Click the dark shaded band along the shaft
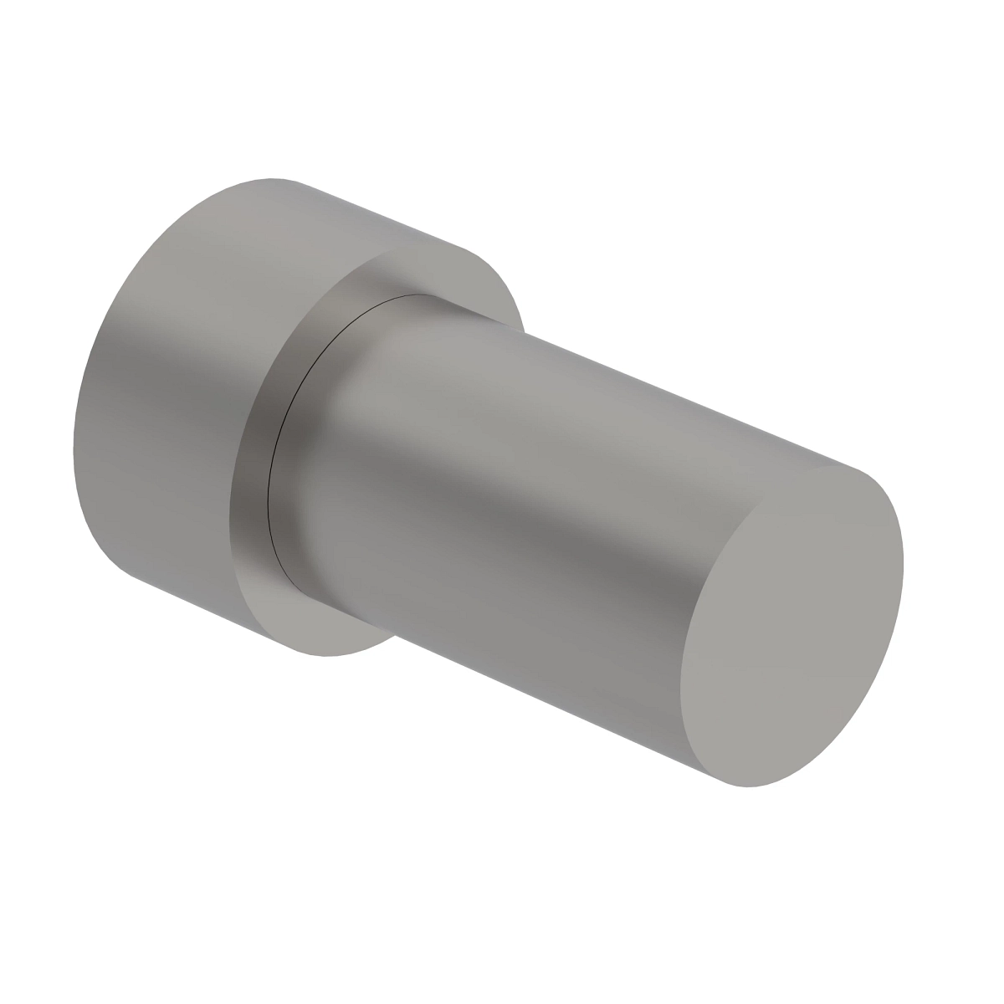502,535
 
